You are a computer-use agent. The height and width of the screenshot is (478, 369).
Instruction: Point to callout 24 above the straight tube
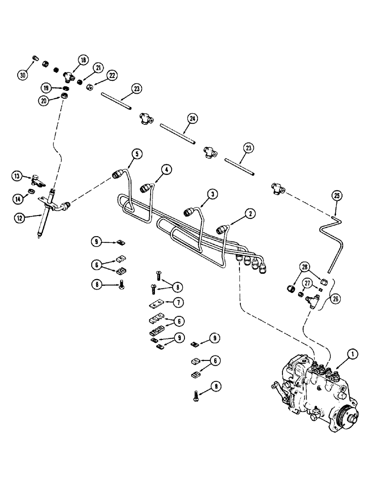pos(193,118)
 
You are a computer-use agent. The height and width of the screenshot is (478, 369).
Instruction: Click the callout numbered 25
pos(337,195)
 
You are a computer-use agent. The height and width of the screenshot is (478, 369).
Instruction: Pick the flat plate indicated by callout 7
pos(156,304)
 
